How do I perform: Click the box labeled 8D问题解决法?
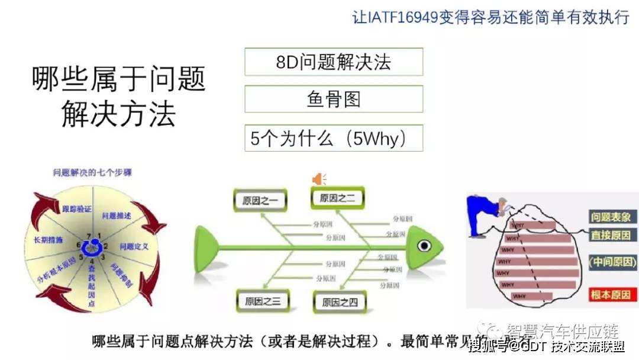(334, 62)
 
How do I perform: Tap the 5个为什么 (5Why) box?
(334, 139)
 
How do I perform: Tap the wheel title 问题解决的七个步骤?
(92, 173)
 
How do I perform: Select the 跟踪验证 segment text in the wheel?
(77, 208)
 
